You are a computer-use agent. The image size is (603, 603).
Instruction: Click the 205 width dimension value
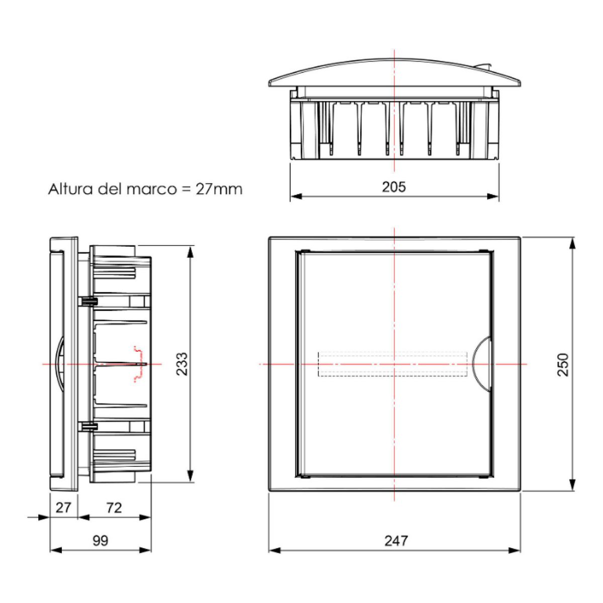coord(393,187)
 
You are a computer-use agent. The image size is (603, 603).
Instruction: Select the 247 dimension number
coord(396,541)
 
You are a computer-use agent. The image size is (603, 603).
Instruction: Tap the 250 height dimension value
coord(563,364)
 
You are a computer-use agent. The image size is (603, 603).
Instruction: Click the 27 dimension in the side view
coord(63,508)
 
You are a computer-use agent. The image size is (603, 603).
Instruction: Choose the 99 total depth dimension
coord(100,541)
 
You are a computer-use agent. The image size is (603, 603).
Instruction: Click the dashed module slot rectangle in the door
coord(394,364)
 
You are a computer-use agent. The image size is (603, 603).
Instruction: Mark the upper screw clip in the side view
coord(87,301)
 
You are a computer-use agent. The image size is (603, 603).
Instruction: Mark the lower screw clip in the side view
coord(87,427)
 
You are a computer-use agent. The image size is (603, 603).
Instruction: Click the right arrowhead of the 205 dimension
coord(493,196)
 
